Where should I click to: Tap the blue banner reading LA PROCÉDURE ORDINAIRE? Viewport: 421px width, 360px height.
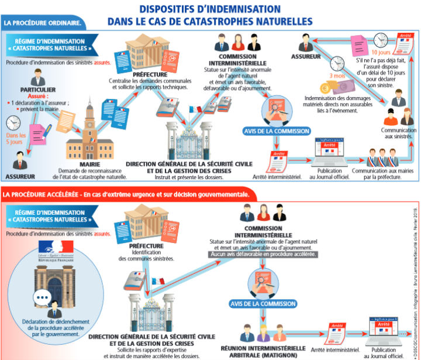pyautogui.click(x=42, y=23)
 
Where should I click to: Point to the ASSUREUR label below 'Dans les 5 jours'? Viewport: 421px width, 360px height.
pyautogui.click(x=20, y=176)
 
